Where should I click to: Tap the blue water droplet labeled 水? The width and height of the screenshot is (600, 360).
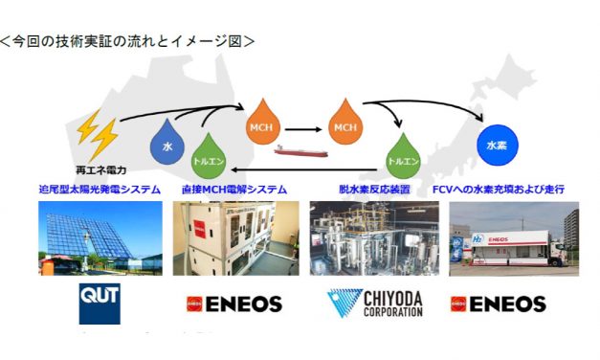pos(167,146)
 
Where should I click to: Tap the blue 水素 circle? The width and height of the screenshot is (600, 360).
pos(497,146)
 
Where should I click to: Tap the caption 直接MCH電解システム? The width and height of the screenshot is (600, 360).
pos(233,189)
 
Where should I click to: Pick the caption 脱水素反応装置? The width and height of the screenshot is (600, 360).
pos(374,189)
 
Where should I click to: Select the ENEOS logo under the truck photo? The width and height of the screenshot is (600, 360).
pos(498,304)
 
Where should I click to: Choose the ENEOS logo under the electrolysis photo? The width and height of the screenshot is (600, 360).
pos(233,304)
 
